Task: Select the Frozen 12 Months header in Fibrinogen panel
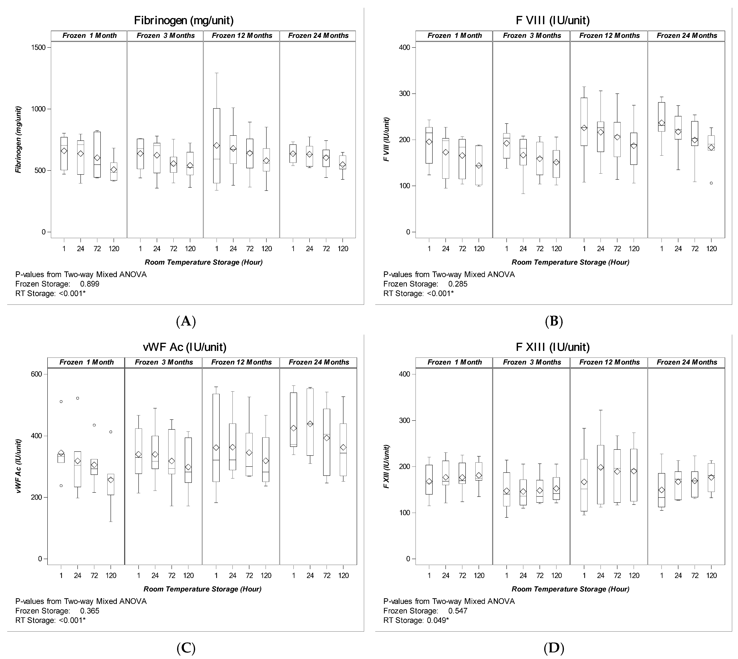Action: (242, 35)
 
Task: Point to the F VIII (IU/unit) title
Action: (552, 20)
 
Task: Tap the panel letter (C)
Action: (186, 648)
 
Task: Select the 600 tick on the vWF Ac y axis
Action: (38, 374)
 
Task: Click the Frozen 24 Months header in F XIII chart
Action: (687, 362)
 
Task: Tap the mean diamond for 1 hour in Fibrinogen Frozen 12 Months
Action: (217, 145)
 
